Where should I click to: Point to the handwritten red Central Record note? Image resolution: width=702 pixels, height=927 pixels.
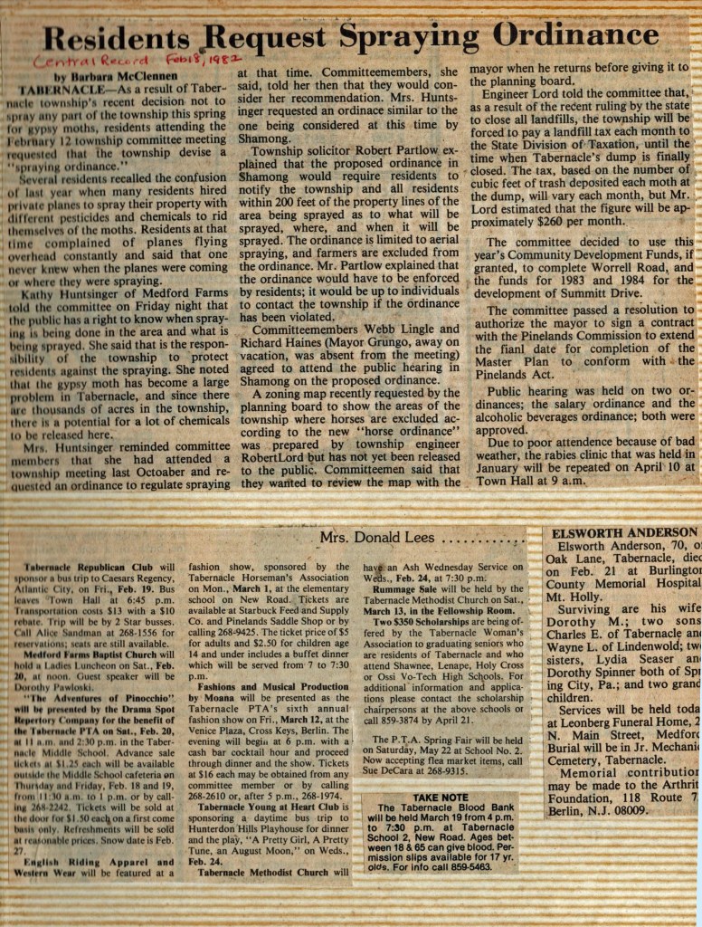tap(81, 62)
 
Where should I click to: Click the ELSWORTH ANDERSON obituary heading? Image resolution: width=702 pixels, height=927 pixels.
tap(624, 532)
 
